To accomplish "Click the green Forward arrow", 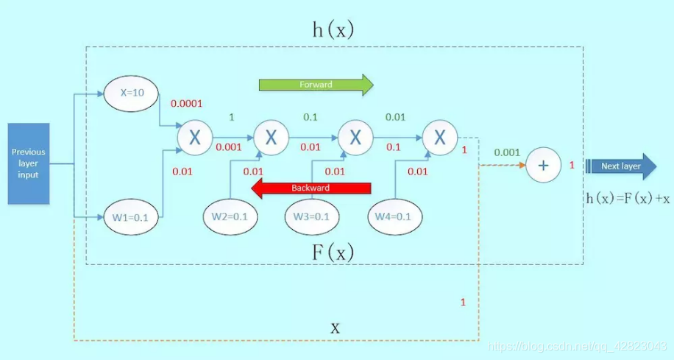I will (x=315, y=85).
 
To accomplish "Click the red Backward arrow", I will (x=311, y=188).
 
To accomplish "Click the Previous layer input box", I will (x=29, y=163).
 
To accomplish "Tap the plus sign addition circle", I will (x=543, y=166).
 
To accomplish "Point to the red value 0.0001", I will (x=186, y=103).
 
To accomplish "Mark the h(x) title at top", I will (x=333, y=29).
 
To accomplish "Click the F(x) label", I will (x=333, y=253).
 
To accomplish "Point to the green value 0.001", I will (x=507, y=152).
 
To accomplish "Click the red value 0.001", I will (x=229, y=147).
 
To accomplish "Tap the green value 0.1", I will (x=311, y=117).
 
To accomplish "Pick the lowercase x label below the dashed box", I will (x=335, y=328).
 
